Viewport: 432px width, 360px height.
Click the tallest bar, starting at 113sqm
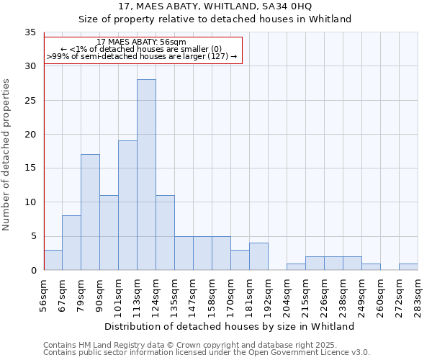(x=146, y=175)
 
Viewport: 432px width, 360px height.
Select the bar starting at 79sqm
(x=90, y=212)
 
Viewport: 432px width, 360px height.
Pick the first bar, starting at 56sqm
(x=53, y=260)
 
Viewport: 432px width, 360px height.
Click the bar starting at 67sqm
(x=71, y=243)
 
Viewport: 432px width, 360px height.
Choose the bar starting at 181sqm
(x=258, y=256)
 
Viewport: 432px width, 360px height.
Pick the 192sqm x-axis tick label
(x=268, y=294)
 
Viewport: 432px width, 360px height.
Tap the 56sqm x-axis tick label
(x=43, y=294)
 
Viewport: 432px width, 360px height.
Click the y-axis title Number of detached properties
(x=6, y=156)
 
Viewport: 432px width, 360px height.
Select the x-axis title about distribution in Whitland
(x=229, y=326)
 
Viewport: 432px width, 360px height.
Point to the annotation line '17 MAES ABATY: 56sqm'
(x=141, y=42)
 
